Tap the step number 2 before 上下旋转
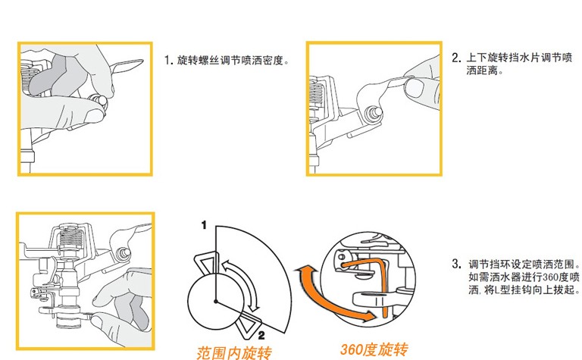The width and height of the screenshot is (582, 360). [x=455, y=58]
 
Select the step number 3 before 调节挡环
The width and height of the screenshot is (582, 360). [x=455, y=265]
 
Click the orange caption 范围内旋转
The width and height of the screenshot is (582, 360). [x=233, y=352]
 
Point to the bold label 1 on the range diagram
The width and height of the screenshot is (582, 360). [x=204, y=226]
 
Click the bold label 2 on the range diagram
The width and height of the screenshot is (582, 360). [x=261, y=334]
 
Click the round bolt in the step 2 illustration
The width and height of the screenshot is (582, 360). [x=373, y=112]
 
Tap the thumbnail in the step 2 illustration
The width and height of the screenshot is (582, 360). [x=412, y=88]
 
